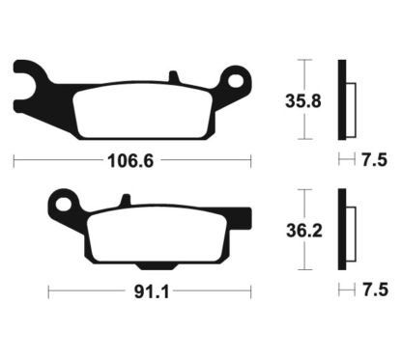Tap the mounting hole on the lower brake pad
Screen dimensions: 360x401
click(x=64, y=204)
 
